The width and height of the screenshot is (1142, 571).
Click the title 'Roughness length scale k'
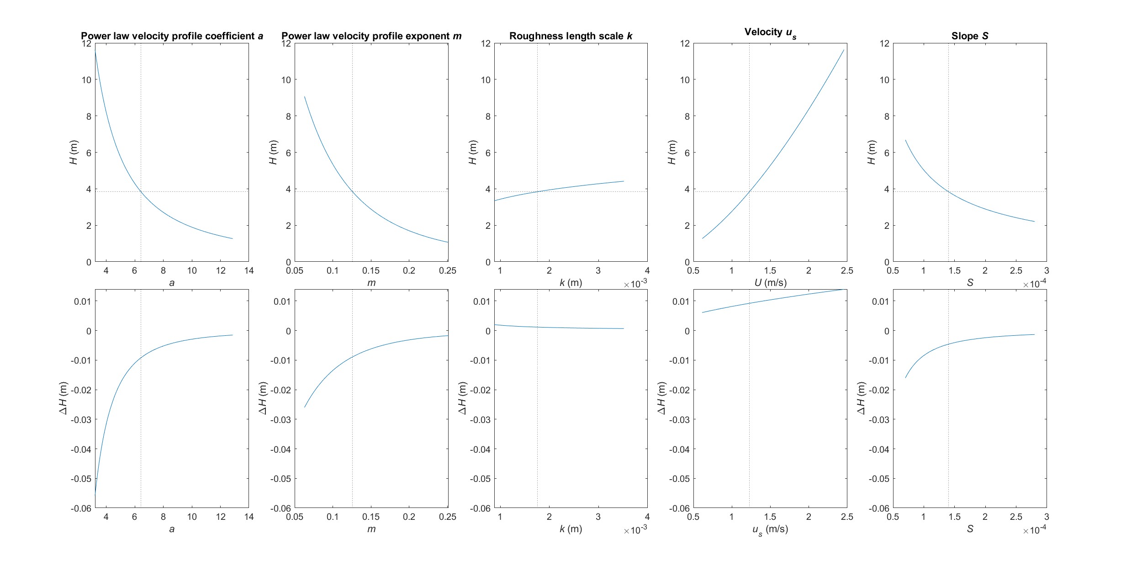coord(571,36)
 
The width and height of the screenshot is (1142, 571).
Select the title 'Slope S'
coord(970,36)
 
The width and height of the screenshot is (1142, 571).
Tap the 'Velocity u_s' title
coord(770,32)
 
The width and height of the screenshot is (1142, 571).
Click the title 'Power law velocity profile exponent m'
coord(371,36)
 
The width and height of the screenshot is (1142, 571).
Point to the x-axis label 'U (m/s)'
coord(770,283)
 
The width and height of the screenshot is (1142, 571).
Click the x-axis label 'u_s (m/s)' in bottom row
coord(770,529)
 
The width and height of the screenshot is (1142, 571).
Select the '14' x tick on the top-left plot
coord(249,270)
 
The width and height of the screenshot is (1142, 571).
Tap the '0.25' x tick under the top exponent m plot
coord(447,270)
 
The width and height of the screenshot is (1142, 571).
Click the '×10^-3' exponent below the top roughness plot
coord(635,284)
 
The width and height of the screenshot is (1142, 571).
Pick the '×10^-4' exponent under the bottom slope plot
coord(1034,530)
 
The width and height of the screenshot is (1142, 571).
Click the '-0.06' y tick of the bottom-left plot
coord(81,508)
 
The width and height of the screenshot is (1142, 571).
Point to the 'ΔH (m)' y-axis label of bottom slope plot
coord(861,398)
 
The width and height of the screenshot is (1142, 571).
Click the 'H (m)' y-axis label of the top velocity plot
coord(671,152)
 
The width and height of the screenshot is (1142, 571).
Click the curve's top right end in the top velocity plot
coord(844,50)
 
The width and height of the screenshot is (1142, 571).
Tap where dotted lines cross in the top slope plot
coord(948,191)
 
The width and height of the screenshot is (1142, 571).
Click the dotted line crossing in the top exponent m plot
coord(352,191)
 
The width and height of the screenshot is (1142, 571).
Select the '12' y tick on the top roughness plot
coord(485,43)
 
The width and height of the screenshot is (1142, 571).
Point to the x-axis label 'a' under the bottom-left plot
coord(172,529)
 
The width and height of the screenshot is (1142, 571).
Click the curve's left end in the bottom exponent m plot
coord(305,407)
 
